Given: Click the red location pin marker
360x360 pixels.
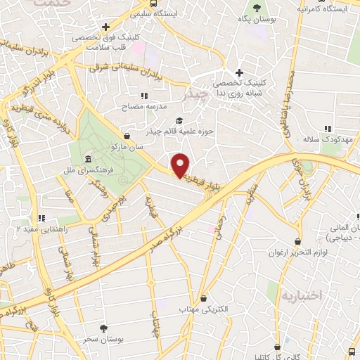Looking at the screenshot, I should point(181,165).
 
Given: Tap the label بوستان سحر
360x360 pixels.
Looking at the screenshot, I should point(103,339).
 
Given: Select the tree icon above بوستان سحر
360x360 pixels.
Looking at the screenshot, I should point(104,328).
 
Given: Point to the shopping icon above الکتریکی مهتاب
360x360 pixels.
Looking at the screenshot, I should point(203,298).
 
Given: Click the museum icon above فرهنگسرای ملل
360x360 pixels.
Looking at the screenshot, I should point(87,158).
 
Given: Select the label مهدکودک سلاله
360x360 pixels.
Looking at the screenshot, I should point(326,139).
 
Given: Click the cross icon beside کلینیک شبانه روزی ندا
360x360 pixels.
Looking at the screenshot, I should point(240,72).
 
